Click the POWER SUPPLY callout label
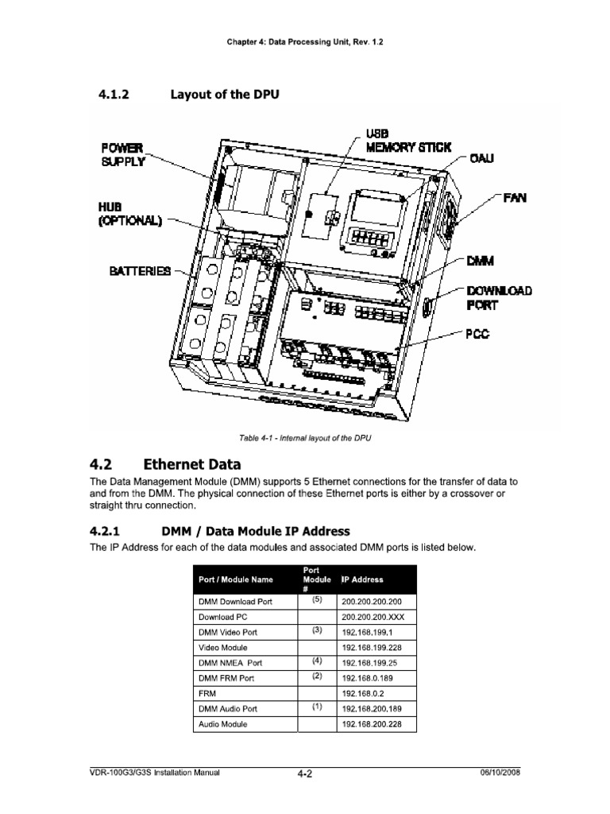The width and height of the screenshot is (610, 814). click(x=124, y=154)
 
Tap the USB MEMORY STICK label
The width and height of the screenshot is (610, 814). click(x=407, y=140)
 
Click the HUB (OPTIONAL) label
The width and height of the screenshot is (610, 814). click(x=129, y=214)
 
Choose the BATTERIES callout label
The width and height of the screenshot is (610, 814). click(x=139, y=271)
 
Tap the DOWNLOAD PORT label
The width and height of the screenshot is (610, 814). click(x=498, y=297)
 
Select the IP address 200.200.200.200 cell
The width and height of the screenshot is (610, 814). click(x=372, y=602)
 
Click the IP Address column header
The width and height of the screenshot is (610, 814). click(x=363, y=579)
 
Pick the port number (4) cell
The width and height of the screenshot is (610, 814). click(x=317, y=661)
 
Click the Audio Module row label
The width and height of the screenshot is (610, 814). click(x=223, y=724)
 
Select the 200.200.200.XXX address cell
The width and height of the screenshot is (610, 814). click(x=372, y=617)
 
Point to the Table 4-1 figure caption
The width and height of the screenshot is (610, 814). click(x=305, y=437)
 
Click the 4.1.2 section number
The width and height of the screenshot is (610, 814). click(x=114, y=95)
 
